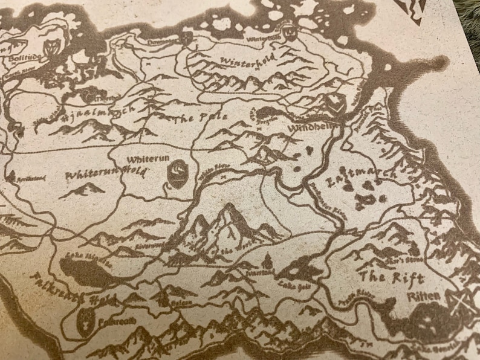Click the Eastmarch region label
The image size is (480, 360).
tap(362, 175)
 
